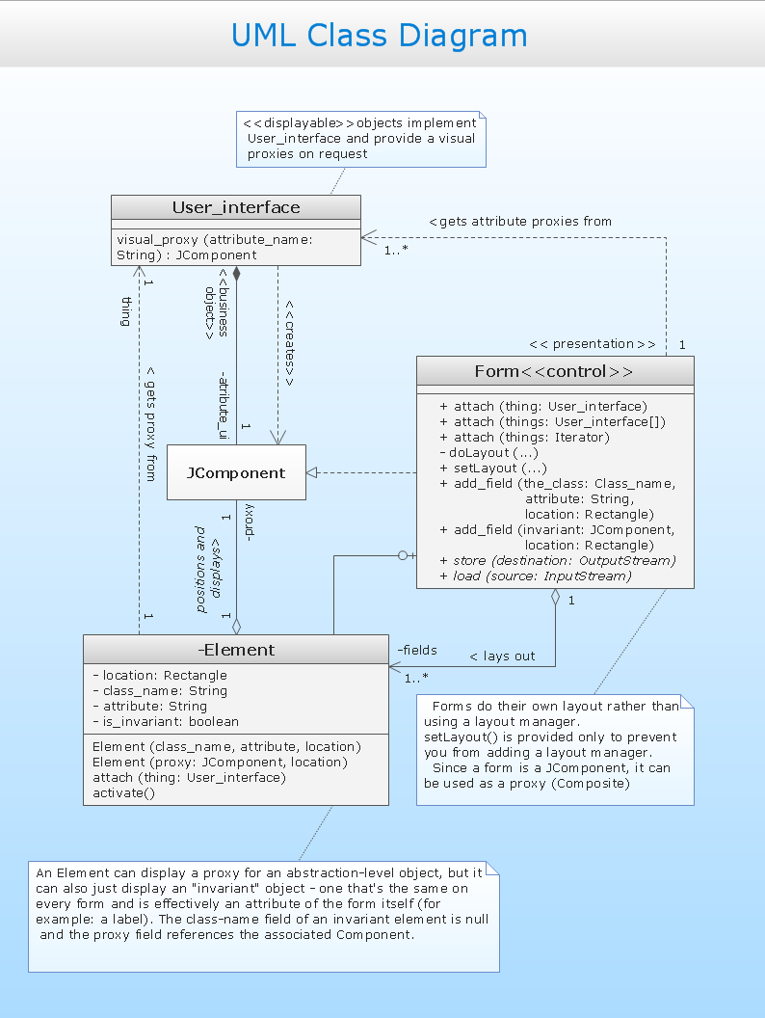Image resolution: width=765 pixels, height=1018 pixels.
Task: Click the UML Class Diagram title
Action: pos(380,36)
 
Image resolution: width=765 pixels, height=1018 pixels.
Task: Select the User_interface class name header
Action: pos(236,208)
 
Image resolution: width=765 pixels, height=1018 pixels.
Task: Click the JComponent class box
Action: pos(236,472)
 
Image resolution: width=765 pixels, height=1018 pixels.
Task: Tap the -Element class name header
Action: pos(236,650)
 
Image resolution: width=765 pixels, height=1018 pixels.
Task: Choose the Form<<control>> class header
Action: pos(554,372)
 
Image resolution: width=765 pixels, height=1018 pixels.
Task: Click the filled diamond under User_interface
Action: pos(236,274)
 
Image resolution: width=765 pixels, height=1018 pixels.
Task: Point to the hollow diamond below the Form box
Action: pos(555,597)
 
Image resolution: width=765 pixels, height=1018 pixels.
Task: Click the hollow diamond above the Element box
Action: pos(236,625)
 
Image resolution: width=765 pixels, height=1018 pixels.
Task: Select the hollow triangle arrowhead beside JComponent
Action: pos(312,472)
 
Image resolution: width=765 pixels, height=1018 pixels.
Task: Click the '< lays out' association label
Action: pos(502,656)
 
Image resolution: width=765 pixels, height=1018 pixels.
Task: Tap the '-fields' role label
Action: pos(416,650)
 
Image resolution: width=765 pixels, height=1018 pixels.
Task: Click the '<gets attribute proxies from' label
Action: pos(520,221)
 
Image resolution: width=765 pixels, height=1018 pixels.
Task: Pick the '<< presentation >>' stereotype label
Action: pos(592,344)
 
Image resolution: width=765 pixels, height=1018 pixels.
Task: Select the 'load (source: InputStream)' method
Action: pos(541,576)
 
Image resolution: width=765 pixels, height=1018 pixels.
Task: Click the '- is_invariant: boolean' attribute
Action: pos(166,721)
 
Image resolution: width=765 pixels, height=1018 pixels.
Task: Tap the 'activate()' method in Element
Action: pos(123,793)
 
